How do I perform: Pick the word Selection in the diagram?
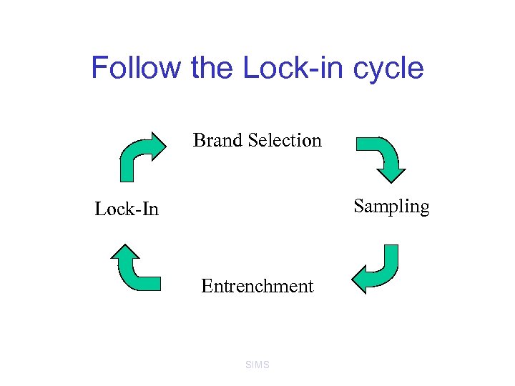coord(285,140)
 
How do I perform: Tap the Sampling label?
coord(392,207)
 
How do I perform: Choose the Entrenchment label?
coord(257,287)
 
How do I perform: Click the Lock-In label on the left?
coord(127,209)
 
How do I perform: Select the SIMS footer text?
coord(257,365)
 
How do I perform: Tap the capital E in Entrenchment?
coord(207,287)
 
